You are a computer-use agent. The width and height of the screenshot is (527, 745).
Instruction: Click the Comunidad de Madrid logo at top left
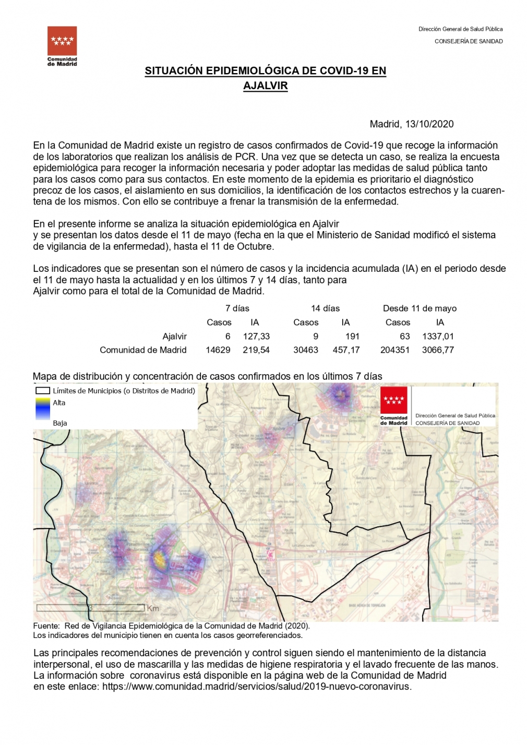pyautogui.click(x=62, y=45)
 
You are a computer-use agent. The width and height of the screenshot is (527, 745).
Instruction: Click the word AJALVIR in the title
pyautogui.click(x=265, y=86)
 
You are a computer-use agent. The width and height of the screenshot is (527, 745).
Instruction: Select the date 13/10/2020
pyautogui.click(x=429, y=124)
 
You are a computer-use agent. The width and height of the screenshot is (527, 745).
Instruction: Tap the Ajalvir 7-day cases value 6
pyautogui.click(x=227, y=337)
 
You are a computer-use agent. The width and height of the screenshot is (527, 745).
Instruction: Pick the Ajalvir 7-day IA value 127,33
pyautogui.click(x=256, y=337)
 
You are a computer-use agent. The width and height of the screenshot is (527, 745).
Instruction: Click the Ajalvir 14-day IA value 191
pyautogui.click(x=352, y=337)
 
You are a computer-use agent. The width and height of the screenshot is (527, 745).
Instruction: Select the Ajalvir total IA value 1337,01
pyautogui.click(x=438, y=337)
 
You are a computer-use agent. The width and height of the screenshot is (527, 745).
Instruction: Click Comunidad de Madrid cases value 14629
pyautogui.click(x=218, y=350)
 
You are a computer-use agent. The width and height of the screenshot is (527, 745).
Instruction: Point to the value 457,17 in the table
pyautogui.click(x=346, y=350)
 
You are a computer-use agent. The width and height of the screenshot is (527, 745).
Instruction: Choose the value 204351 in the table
pyautogui.click(x=395, y=350)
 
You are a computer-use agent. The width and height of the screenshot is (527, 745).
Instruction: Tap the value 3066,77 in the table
pyautogui.click(x=438, y=350)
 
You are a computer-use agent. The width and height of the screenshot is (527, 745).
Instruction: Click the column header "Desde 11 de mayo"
pyautogui.click(x=420, y=308)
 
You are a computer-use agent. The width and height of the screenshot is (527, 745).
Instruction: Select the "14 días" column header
pyautogui.click(x=325, y=308)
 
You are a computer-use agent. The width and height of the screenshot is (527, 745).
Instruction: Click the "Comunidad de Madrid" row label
pyautogui.click(x=143, y=350)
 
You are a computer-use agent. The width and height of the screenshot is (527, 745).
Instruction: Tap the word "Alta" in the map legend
pyautogui.click(x=59, y=403)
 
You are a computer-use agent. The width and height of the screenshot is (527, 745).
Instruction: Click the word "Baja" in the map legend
pyautogui.click(x=60, y=423)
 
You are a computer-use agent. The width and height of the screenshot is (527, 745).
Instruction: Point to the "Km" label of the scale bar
pyautogui.click(x=153, y=608)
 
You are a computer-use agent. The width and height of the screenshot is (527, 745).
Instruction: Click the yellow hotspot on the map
pyautogui.click(x=158, y=560)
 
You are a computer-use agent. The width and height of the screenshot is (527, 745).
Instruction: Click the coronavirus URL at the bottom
pyautogui.click(x=257, y=687)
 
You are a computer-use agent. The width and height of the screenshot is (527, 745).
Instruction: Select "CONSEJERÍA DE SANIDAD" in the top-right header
pyautogui.click(x=469, y=41)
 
